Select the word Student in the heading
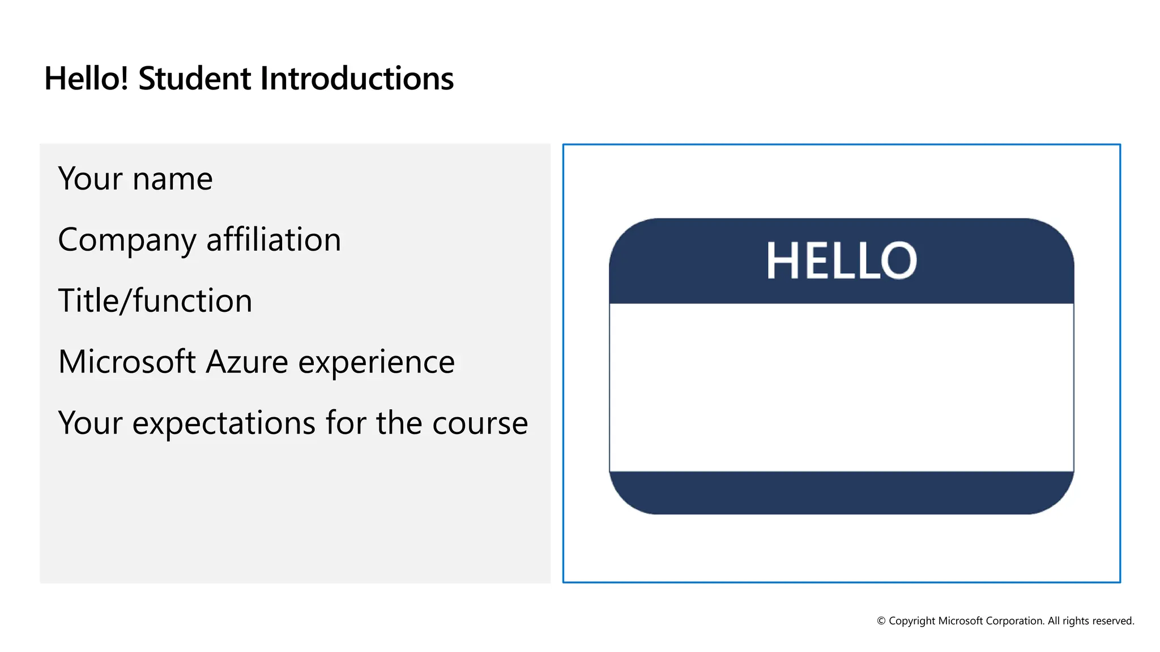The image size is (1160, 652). (194, 79)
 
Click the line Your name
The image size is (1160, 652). (135, 179)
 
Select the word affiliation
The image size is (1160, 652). (274, 239)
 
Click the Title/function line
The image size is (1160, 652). (155, 301)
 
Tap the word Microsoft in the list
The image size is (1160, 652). (127, 362)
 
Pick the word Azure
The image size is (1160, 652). (247, 362)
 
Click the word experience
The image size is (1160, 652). (377, 363)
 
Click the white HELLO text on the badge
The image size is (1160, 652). (842, 261)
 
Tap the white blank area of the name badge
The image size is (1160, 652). (842, 388)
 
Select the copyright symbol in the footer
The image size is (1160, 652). (881, 621)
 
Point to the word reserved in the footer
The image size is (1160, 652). (1114, 621)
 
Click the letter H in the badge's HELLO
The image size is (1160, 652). (782, 261)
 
